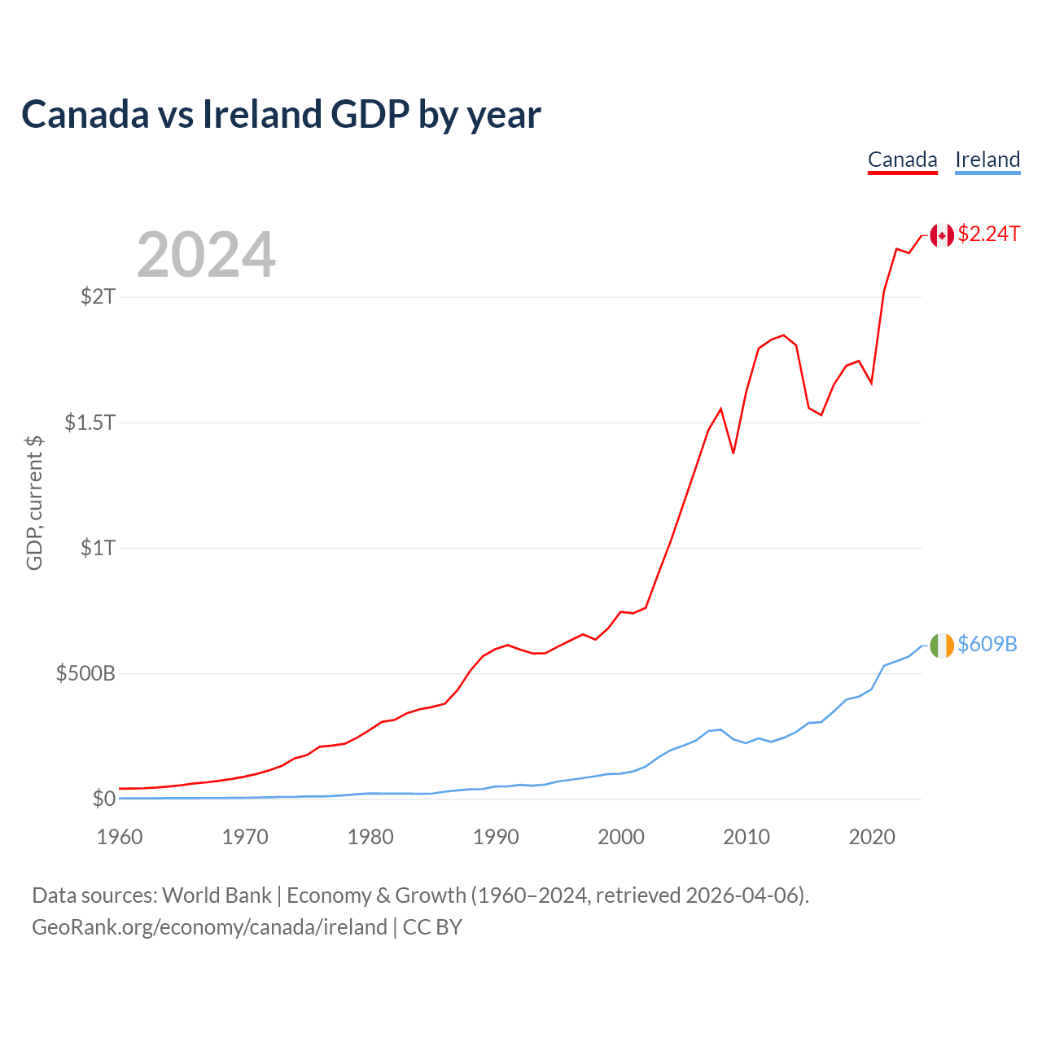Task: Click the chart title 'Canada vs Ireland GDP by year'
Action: [281, 114]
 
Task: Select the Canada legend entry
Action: [902, 160]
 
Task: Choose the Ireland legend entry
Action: [987, 160]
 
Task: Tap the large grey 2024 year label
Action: [206, 255]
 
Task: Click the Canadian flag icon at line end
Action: [942, 235]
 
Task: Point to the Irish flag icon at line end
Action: [942, 645]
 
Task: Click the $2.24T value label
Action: [989, 234]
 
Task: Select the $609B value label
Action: [987, 644]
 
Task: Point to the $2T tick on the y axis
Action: [98, 296]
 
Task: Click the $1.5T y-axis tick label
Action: [90, 422]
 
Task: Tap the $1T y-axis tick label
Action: [98, 547]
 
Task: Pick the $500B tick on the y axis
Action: [85, 673]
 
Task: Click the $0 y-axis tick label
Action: [103, 799]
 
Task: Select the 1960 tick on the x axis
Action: [120, 837]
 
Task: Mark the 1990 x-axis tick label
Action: [496, 837]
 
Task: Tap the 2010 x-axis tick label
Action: [746, 837]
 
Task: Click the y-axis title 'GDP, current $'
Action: [34, 503]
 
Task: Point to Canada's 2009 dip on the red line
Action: [733, 453]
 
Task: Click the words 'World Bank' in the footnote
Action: [217, 895]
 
